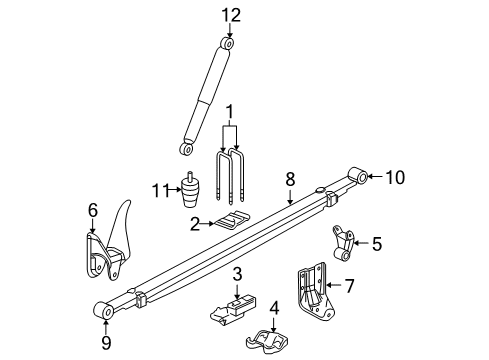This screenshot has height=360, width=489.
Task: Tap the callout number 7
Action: pos(349,286)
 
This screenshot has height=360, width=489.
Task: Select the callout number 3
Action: pos(238,273)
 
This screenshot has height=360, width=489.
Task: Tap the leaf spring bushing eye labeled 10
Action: pos(357,177)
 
